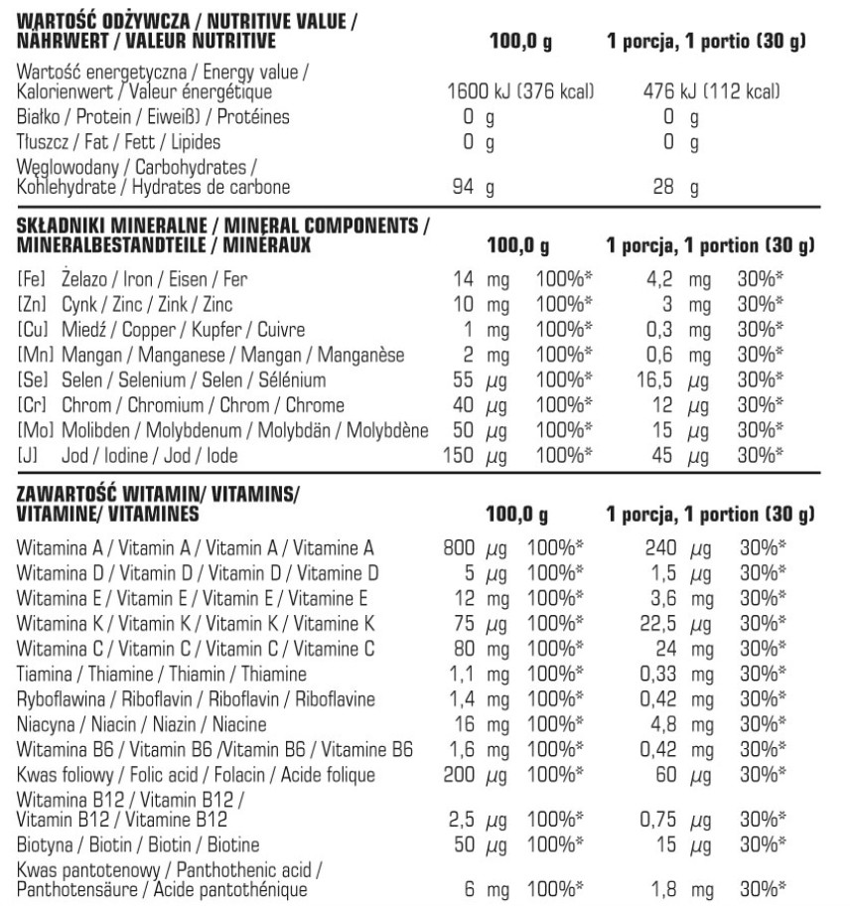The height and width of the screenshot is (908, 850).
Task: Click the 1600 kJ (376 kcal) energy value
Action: click(x=521, y=92)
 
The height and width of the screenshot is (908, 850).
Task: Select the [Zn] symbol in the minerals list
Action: click(x=30, y=304)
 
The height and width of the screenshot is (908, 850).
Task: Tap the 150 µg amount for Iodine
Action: click(x=470, y=456)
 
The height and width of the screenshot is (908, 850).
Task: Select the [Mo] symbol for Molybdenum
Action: click(x=32, y=431)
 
